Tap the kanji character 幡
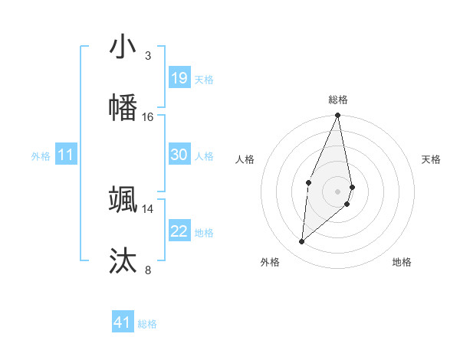pos(123,107)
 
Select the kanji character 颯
pos(123,199)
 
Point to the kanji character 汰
pos(123,260)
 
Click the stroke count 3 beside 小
pos(148,56)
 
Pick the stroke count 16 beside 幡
pos(148,117)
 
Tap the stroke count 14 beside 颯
pos(148,208)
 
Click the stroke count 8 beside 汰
pos(148,270)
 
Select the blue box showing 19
pos(179,78)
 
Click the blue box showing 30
pos(179,155)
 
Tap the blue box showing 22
pos(179,231)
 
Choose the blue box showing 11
pos(66,155)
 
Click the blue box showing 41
pos(123,322)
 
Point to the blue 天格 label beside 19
pos(204,80)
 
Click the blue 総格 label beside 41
pos(147,324)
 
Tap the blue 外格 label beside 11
pos(41,156)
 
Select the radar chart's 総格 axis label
pos(337,100)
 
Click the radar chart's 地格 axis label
pos(402,262)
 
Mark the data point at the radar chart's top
pos(337,116)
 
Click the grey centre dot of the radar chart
pos(337,191)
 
